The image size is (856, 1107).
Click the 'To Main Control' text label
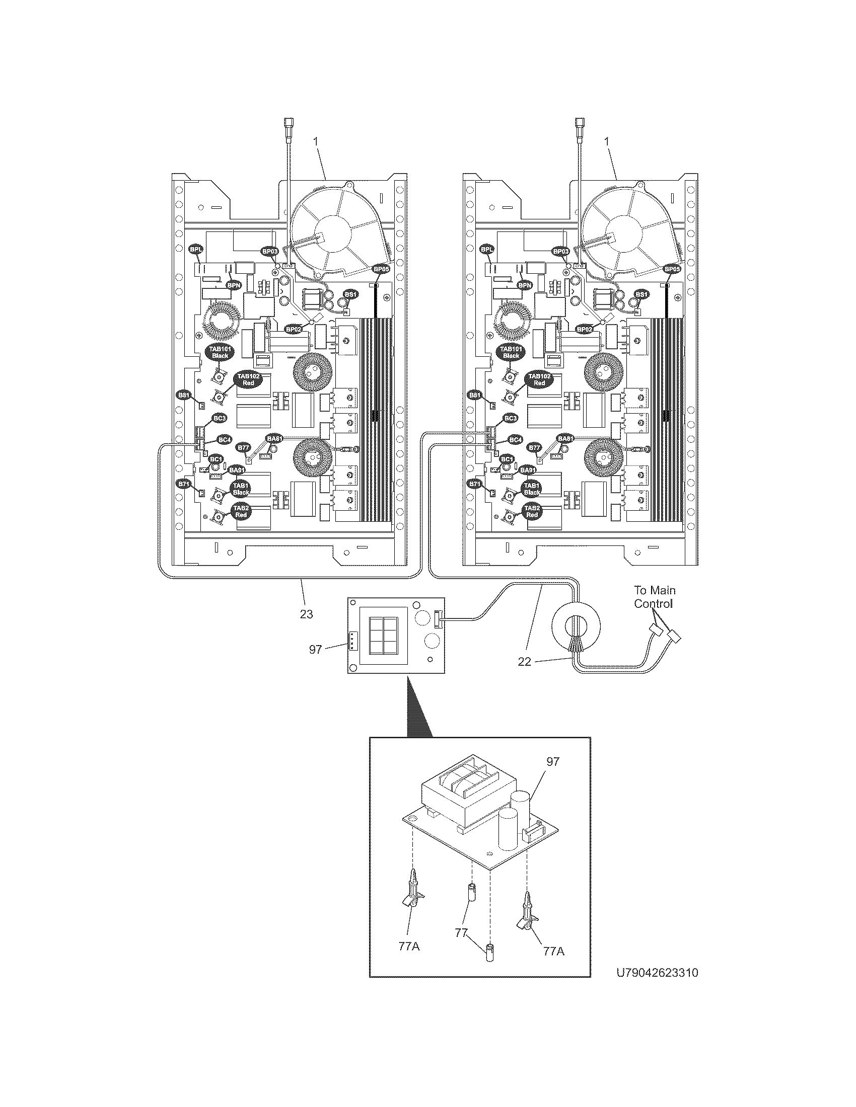click(x=654, y=597)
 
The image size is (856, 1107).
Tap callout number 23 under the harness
click(x=306, y=614)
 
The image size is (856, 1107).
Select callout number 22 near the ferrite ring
click(x=524, y=661)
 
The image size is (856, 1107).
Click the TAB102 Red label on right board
click(x=540, y=379)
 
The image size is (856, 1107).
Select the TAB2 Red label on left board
click(x=241, y=511)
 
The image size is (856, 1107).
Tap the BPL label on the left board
click(x=196, y=250)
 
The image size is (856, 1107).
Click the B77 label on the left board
click(x=243, y=447)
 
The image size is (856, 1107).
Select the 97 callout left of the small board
click(x=315, y=649)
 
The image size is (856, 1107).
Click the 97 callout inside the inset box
click(x=553, y=775)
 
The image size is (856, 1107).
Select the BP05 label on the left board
click(x=380, y=270)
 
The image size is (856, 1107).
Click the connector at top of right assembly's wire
click(x=579, y=123)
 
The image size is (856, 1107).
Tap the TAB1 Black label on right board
click(x=532, y=488)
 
